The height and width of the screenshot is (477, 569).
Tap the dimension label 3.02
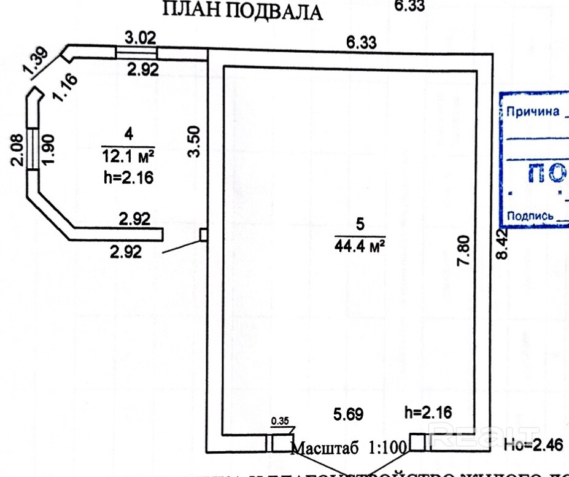coord(141,36)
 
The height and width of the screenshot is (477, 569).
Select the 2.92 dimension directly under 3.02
coord(142,69)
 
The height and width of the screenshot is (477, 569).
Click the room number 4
coord(128,133)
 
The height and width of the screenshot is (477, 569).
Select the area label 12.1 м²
coord(128,155)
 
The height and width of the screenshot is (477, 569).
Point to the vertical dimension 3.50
coord(195,141)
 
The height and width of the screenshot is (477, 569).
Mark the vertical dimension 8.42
coord(503,244)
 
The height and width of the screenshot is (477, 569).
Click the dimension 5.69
coord(349,414)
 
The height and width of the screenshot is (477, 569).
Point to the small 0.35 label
coord(279,421)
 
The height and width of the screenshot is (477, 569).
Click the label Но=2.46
coord(534,444)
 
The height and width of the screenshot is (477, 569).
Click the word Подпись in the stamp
coord(531,215)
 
